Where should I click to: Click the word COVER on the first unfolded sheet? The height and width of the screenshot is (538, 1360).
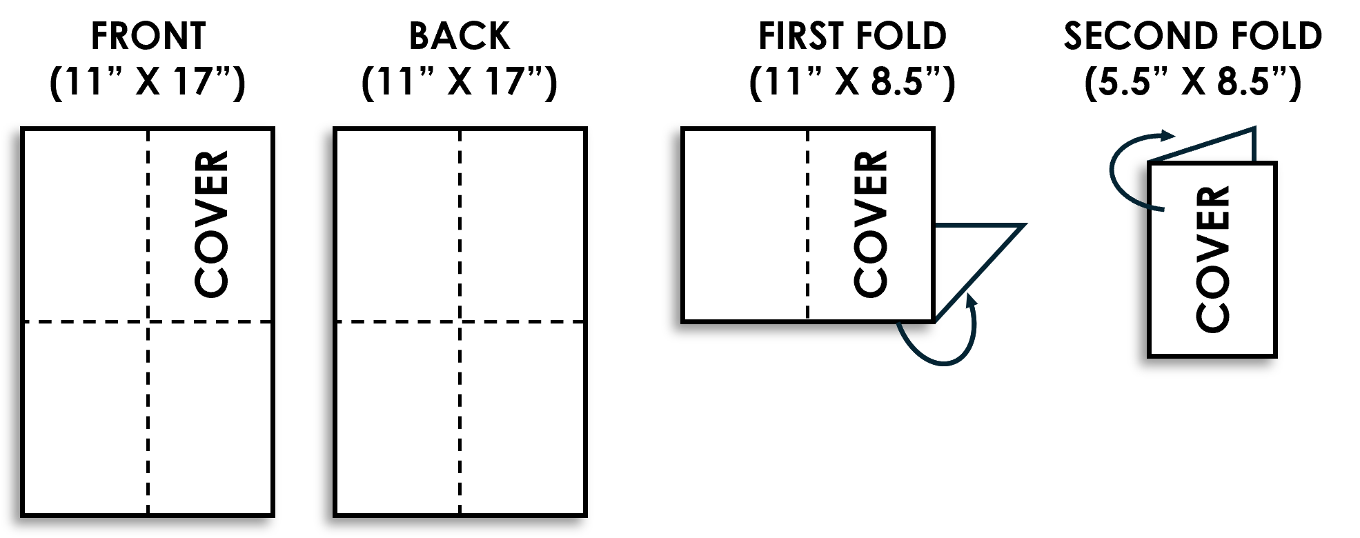211,224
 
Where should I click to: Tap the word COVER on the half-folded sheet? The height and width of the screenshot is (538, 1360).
870,224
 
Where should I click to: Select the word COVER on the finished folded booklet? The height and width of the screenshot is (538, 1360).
1212,259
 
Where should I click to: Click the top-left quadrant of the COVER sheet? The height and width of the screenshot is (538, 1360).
86,226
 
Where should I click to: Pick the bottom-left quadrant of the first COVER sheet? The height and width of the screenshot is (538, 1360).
86,417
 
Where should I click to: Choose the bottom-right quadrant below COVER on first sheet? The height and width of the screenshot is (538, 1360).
209,417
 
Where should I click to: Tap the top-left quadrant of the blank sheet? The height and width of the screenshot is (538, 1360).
398,226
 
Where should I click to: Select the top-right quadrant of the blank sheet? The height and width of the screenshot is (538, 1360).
522,226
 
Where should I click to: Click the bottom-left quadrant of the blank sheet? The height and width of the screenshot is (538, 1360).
398,417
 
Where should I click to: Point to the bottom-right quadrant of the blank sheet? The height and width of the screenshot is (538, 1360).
522,417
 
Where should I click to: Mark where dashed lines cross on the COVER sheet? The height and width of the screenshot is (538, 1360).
148,321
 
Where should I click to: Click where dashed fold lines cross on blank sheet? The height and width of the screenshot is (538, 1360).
460,321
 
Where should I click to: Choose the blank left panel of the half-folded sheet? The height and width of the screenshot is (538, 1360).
746,225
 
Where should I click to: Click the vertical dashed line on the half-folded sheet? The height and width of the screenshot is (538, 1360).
808,225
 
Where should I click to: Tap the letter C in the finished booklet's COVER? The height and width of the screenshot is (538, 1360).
1212,316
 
